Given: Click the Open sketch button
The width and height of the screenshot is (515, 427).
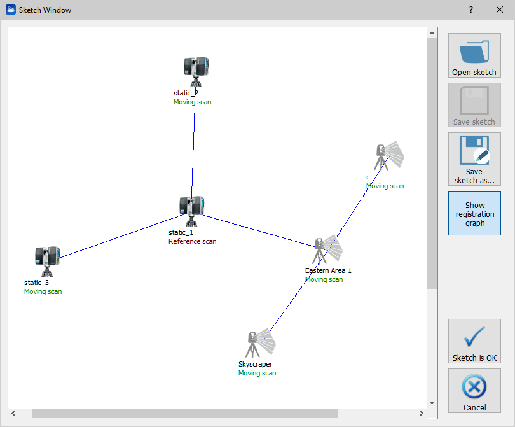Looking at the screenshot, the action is (x=474, y=55).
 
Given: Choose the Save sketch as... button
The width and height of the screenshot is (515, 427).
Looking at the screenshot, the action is (x=474, y=159).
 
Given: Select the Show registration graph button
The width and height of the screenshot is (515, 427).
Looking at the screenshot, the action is (x=474, y=213).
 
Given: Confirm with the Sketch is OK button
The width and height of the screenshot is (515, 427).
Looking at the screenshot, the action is (x=474, y=341).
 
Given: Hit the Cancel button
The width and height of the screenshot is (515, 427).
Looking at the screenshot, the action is (x=474, y=391).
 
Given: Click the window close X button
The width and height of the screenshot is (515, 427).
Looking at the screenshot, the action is (x=500, y=10).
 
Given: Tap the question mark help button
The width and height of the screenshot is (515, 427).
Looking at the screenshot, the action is (x=471, y=10).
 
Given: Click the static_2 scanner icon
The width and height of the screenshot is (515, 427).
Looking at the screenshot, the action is (x=196, y=72).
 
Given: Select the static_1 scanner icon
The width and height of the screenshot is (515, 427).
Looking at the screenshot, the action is (x=192, y=211).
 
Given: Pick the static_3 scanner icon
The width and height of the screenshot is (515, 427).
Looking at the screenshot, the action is (x=48, y=262).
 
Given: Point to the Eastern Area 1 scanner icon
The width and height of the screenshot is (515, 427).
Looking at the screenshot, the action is (x=327, y=249).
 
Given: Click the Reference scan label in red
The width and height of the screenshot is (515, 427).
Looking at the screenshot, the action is (x=193, y=241).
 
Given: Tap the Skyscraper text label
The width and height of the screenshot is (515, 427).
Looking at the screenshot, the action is (x=255, y=364).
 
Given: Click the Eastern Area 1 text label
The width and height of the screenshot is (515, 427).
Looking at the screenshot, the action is (x=328, y=270).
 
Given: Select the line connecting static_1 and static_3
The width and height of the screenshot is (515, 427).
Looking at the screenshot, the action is (x=122, y=236).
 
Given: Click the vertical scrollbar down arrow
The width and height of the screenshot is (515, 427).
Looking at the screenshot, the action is (x=432, y=403).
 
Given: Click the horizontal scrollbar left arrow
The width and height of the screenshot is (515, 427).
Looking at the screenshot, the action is (x=13, y=413).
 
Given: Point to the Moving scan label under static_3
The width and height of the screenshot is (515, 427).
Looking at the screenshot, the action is (x=43, y=291).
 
